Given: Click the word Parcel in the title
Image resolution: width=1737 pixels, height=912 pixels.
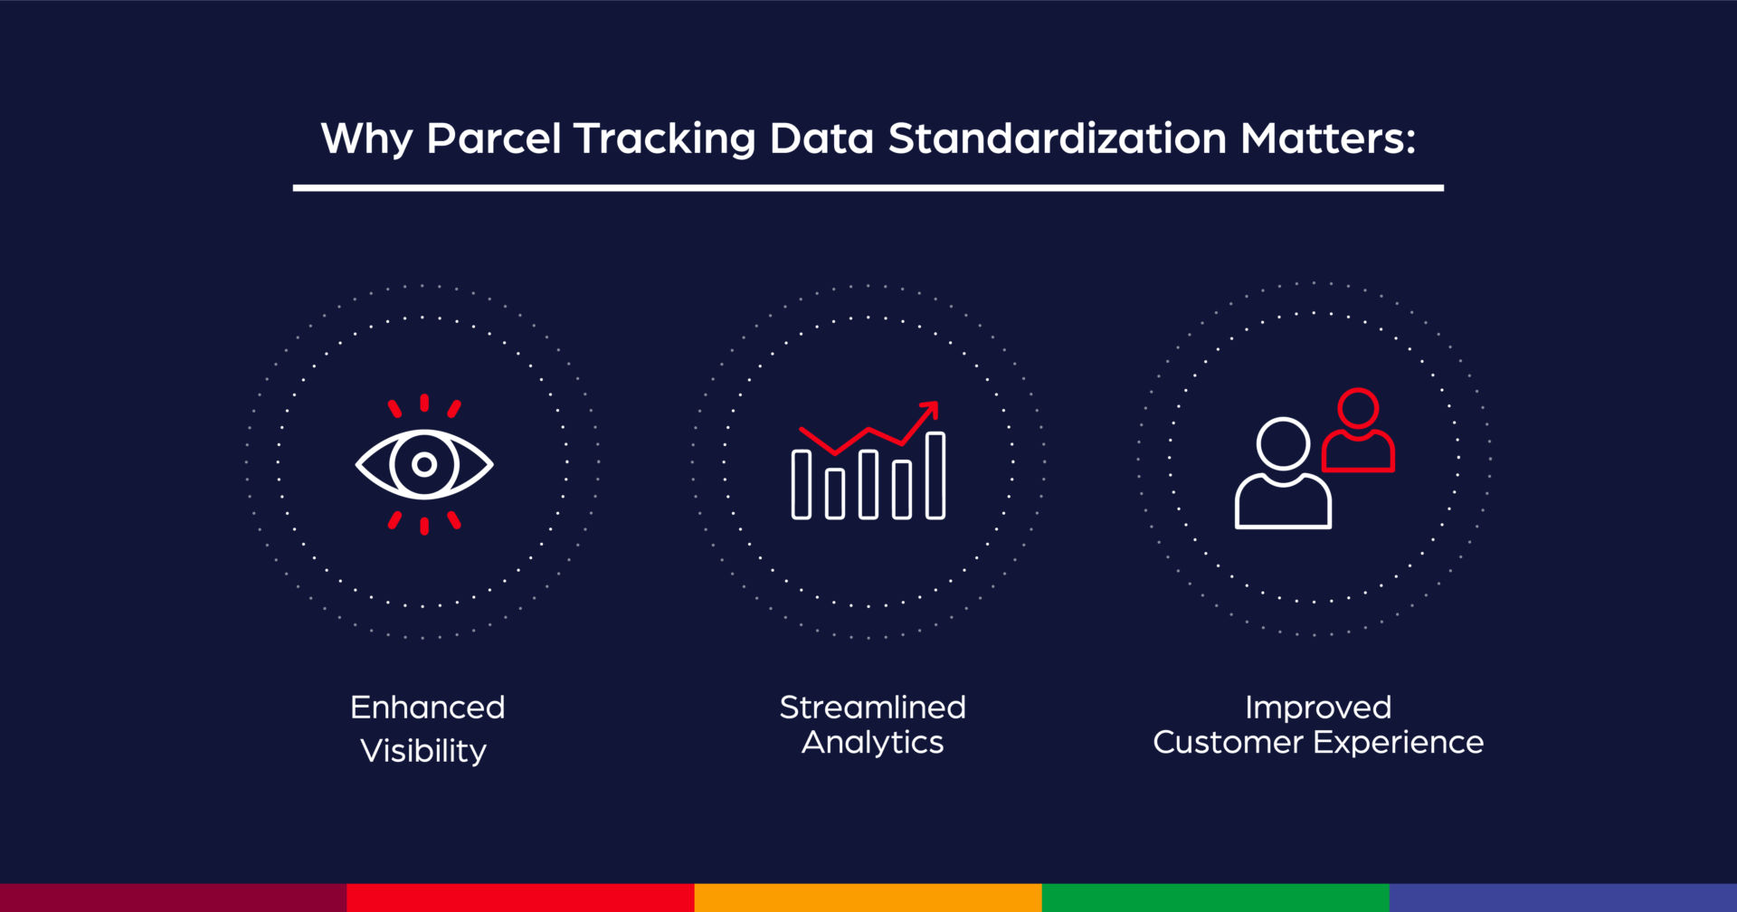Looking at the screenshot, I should [493, 138].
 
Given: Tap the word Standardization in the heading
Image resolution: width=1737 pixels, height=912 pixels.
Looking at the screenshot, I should [1057, 138].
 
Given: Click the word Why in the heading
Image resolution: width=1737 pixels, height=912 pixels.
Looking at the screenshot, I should [366, 140].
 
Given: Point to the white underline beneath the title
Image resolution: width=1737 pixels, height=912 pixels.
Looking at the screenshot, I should [868, 188].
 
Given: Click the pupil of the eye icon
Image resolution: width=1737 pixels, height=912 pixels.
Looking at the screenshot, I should [424, 465].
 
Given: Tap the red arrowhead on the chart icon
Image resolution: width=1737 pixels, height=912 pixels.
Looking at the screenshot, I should [931, 408].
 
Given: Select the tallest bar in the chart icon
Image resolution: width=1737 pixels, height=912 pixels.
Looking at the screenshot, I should [935, 476].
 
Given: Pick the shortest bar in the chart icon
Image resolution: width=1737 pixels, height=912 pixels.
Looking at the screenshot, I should [835, 493].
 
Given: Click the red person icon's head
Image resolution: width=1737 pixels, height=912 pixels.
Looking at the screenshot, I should [1358, 408].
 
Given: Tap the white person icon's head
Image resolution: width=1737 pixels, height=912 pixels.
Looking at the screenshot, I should [1283, 443].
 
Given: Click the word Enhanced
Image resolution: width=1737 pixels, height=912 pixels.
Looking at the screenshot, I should [427, 708].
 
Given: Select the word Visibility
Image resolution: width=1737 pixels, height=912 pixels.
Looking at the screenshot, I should [423, 751].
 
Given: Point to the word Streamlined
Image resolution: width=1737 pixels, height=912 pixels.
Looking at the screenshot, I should [872, 708].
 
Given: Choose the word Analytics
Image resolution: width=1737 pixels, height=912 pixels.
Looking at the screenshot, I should [872, 743].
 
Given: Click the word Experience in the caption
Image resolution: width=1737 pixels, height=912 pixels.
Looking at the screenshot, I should [1399, 743].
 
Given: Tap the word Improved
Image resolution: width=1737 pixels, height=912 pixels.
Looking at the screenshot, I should [1317, 708].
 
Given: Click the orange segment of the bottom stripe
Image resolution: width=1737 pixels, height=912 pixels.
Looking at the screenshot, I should [868, 898].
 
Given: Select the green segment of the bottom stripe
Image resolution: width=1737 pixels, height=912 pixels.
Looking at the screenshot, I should [1215, 898].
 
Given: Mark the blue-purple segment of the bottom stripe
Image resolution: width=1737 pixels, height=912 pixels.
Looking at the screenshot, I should [1562, 898].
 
